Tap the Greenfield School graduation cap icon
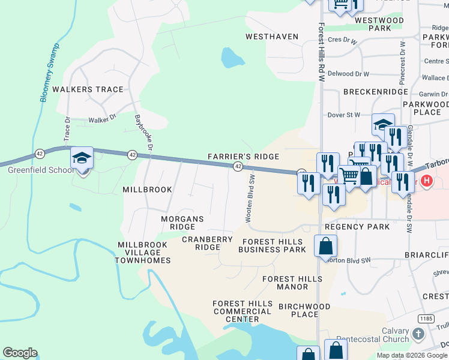tap(82, 158)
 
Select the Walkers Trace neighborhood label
tap(88, 89)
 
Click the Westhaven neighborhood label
tap(272, 37)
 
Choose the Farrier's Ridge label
tap(243, 157)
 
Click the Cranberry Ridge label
tap(207, 243)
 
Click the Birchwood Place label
tap(304, 310)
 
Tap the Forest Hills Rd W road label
tap(322, 53)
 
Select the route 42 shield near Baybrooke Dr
tap(131, 155)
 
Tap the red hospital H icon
tap(427, 180)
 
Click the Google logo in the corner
tap(20, 353)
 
